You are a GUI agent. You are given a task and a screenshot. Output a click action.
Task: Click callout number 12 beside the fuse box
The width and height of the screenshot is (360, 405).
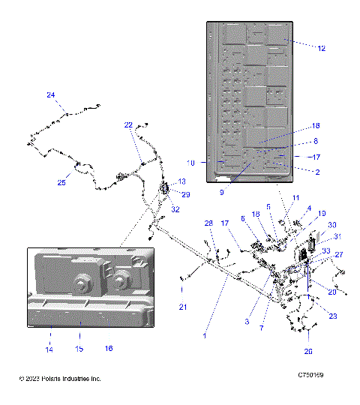322,48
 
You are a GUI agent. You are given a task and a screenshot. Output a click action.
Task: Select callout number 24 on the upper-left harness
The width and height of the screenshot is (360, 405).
51,95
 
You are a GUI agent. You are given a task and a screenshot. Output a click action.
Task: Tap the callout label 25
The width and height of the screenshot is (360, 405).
62,182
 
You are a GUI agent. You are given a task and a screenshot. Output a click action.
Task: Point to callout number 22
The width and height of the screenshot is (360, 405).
128,124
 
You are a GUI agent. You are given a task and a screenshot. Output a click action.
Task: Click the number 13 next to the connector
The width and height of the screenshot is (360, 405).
181,182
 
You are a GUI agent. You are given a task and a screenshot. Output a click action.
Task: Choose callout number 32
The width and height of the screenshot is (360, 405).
175,209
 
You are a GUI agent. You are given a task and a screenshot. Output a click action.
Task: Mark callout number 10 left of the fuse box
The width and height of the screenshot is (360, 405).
190,162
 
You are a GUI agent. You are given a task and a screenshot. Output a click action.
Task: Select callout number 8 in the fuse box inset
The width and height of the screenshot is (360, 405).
316,141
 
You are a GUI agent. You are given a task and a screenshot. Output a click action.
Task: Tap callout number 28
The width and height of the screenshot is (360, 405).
209,223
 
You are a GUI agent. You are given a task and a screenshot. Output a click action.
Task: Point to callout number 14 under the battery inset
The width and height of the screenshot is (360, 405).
50,349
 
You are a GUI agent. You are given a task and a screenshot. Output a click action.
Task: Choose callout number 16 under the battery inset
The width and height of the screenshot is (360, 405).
109,349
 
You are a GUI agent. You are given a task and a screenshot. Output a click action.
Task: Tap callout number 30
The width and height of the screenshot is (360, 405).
332,224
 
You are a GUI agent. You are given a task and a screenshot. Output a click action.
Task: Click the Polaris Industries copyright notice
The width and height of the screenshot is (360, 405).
60,379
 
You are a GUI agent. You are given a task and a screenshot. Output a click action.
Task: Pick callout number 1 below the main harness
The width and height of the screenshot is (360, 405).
204,337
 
